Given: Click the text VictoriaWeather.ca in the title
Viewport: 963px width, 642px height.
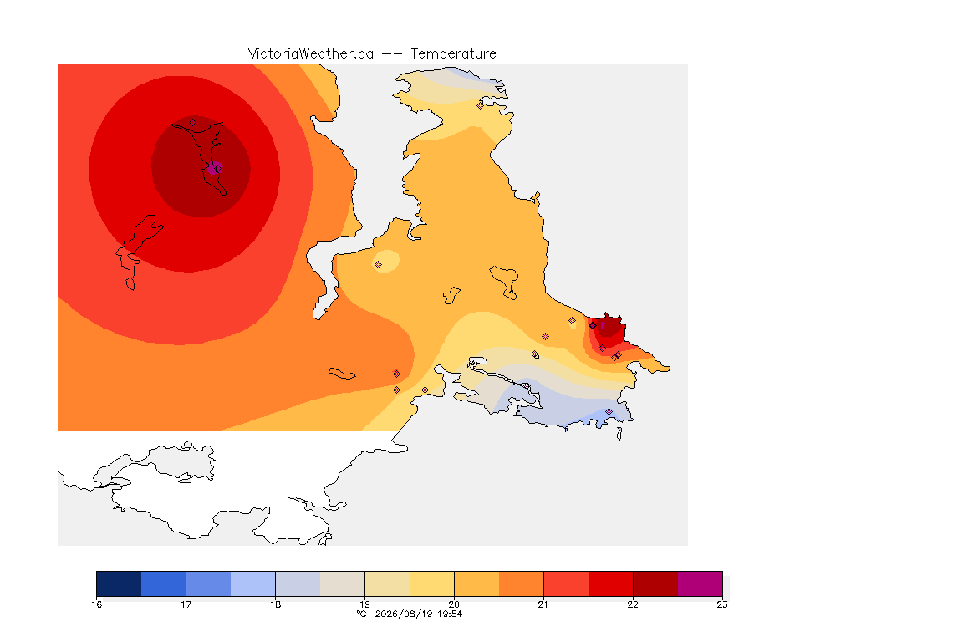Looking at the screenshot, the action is (311, 54).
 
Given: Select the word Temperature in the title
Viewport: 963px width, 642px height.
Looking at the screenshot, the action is (453, 54).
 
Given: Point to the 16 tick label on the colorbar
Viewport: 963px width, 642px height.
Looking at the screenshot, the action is (96, 604).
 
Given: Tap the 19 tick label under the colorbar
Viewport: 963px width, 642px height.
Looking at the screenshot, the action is (364, 604).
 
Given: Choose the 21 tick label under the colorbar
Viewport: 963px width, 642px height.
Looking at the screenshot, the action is (543, 604).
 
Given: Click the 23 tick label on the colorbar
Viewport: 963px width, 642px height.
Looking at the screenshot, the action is (722, 604).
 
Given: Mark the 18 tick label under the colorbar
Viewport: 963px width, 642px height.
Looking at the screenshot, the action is (275, 604).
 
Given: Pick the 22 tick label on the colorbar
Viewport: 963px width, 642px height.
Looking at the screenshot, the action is (633, 604).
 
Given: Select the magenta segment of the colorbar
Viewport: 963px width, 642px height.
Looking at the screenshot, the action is (701, 583).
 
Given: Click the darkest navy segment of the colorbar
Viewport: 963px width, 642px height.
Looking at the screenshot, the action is (120, 583).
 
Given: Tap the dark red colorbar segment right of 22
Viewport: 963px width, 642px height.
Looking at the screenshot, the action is (655, 583).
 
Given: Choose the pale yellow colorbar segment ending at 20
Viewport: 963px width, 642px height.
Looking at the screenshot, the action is (431, 583).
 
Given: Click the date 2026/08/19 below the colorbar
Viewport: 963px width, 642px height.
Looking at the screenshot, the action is (403, 614).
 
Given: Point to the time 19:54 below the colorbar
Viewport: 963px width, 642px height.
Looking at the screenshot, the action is (450, 614).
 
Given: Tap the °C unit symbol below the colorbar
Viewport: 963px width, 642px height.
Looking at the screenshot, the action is (361, 614).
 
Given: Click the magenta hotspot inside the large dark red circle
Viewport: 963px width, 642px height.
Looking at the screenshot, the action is (214, 168).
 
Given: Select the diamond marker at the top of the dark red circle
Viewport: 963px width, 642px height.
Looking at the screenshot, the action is (193, 123).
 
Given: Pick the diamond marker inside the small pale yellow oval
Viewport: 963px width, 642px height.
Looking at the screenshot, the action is (379, 265).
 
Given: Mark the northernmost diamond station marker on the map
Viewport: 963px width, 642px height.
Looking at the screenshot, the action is (481, 105).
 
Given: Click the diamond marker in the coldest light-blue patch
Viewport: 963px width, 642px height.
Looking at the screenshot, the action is (609, 411).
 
